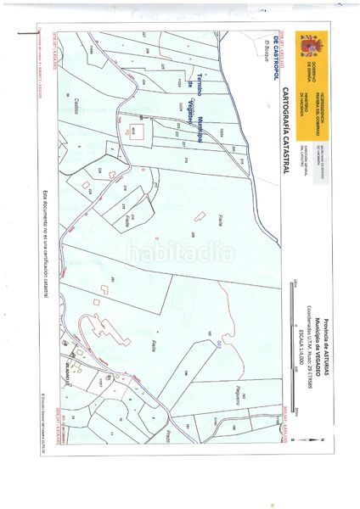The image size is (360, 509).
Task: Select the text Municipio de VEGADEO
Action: point(319,339)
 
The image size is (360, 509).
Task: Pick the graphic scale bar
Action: point(291,339)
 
